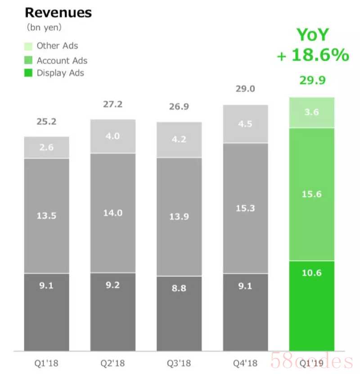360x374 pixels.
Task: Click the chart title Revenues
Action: [58, 13]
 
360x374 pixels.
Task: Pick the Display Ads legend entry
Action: [54, 73]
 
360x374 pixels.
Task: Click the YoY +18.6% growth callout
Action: [312, 45]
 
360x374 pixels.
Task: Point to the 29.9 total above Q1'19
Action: [312, 81]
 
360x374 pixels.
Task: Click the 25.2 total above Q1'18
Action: [46, 122]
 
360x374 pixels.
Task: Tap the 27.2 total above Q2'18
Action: [112, 104]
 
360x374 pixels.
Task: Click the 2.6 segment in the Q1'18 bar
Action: [46, 148]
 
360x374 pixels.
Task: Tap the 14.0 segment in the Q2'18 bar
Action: [112, 213]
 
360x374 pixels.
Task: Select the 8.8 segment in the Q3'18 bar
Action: [179, 313]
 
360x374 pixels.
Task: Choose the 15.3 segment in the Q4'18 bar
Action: [245, 208]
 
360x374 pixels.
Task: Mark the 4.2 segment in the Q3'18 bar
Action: [179, 140]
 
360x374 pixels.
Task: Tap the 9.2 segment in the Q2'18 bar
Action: [112, 312]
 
